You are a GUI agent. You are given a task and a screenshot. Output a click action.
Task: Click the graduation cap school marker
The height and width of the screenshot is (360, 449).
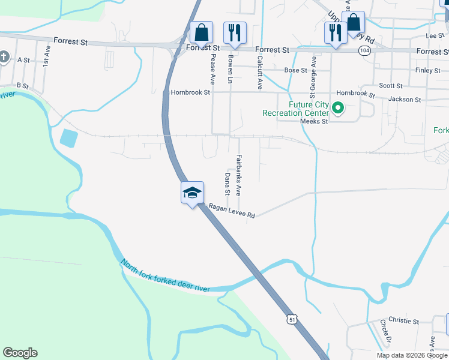[x=193, y=193]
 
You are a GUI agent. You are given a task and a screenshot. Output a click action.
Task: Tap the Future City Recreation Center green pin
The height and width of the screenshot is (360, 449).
[x=338, y=109]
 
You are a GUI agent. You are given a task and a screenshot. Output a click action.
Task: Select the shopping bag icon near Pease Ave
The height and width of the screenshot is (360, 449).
[x=202, y=32]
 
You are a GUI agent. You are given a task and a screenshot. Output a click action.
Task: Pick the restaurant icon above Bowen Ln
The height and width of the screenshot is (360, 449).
[x=232, y=33]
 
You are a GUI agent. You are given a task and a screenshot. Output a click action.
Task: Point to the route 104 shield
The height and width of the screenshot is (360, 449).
[x=364, y=52]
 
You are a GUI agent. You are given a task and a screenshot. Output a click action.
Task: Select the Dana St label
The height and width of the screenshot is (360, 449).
[x=228, y=184]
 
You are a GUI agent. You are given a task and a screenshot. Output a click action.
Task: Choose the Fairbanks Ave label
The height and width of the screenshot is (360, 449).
[x=238, y=175]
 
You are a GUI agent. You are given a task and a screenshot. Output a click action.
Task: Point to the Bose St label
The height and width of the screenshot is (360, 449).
[x=296, y=70]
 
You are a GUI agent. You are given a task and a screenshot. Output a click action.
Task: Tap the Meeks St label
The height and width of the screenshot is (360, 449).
[x=314, y=121]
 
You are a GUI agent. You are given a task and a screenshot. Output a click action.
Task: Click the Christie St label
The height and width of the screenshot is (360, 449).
[x=403, y=322]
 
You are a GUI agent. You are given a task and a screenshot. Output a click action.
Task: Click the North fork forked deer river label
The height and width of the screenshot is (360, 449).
[x=165, y=277]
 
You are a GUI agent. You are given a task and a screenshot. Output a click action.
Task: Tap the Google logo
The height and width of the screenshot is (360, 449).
[x=20, y=353]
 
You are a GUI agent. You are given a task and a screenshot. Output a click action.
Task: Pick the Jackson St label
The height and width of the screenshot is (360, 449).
[x=405, y=99]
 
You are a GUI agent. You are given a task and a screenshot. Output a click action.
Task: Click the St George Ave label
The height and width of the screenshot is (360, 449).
[x=312, y=77]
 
